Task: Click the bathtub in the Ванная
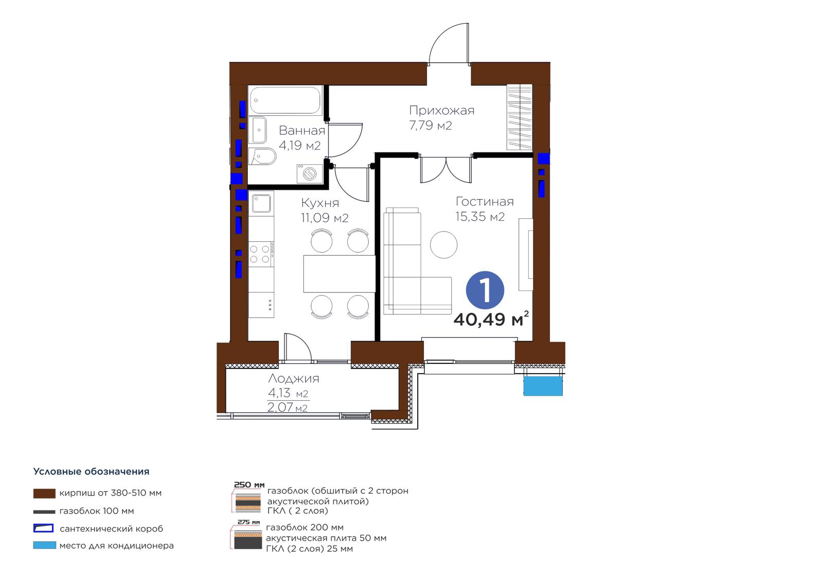pyautogui.click(x=285, y=100)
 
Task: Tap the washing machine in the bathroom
pyautogui.click(x=310, y=173)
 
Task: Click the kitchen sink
pyautogui.click(x=261, y=203)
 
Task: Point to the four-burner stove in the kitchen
pyautogui.click(x=261, y=254)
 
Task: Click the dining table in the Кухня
pyautogui.click(x=339, y=274)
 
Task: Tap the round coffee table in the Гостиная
pyautogui.click(x=444, y=244)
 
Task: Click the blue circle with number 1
pyautogui.click(x=485, y=290)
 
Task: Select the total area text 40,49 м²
pyautogui.click(x=491, y=319)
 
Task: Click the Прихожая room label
pyautogui.click(x=442, y=110)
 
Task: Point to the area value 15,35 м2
pyautogui.click(x=480, y=217)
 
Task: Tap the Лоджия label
pyautogui.click(x=294, y=378)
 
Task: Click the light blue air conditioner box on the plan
pyautogui.click(x=543, y=386)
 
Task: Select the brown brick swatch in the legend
pyautogui.click(x=44, y=493)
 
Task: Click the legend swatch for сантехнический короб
pyautogui.click(x=43, y=528)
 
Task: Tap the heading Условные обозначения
pyautogui.click(x=91, y=472)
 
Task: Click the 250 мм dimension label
pyautogui.click(x=249, y=485)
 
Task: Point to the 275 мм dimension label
pyautogui.click(x=248, y=522)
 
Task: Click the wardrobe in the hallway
pyautogui.click(x=520, y=117)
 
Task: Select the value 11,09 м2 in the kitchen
pyautogui.click(x=325, y=218)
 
